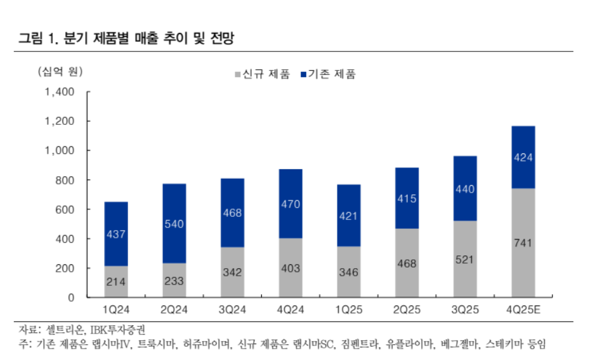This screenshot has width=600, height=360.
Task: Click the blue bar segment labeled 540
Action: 174,223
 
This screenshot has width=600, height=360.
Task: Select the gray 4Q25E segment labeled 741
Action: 523,243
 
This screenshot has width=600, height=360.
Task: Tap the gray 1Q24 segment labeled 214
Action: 115,281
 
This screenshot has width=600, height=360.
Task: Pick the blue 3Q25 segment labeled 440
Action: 465,188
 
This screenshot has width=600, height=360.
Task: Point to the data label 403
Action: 290,268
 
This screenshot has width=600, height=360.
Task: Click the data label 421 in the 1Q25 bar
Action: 349,216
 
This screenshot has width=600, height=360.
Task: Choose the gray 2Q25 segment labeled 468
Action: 407,262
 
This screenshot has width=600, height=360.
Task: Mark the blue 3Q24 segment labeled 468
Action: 232,213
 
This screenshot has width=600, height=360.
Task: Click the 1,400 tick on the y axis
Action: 60,92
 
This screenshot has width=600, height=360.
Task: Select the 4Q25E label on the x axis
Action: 524,310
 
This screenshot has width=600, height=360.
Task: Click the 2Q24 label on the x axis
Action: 174,310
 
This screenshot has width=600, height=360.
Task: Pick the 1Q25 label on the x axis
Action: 349,310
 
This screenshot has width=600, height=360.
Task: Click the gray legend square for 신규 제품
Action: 238,75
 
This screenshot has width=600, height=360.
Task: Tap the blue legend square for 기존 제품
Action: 304,75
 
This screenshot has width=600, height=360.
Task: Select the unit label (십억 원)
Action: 60,71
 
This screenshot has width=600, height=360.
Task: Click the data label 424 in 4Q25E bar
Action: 523,158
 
